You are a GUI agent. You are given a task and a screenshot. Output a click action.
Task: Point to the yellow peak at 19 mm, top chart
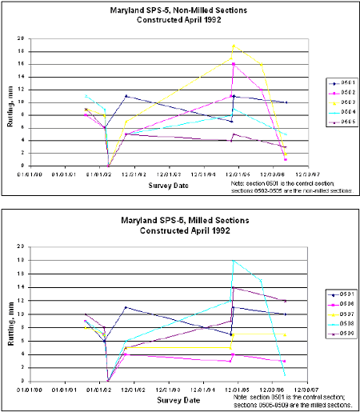tap(233, 46)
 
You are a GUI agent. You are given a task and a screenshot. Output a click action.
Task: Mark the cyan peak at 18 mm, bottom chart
tap(233, 260)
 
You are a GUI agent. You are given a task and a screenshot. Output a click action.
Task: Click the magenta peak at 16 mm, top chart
tap(233, 64)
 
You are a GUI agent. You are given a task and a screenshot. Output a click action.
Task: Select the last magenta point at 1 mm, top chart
tap(286, 159)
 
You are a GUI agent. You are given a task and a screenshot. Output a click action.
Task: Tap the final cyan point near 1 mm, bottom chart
tap(286, 374)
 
